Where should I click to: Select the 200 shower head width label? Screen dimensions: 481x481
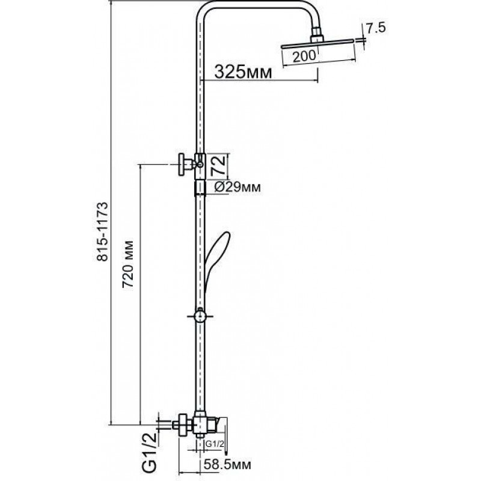coord(304,56)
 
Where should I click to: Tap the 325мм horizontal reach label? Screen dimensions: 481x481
coord(243,72)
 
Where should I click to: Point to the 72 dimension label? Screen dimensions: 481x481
coord(219,165)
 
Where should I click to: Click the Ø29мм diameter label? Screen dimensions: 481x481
coord(237,187)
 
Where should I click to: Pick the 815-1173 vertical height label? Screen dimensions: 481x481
coord(102,231)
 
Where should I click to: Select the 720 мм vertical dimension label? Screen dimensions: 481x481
coord(128,265)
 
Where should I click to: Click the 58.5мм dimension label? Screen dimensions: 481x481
coord(227,464)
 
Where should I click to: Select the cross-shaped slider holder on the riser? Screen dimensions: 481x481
coord(200,316)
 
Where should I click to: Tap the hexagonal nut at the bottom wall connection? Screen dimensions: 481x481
coord(183,424)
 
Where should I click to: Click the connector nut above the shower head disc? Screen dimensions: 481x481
coord(317,34)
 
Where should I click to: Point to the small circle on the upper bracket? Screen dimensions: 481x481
coord(200,165)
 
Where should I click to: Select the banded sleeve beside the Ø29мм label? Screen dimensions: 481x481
coord(200,188)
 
